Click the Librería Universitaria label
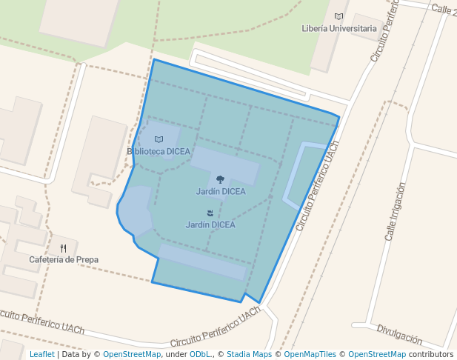pos(339,28)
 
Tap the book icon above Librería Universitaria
pos(339,16)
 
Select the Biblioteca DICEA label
pos(159,151)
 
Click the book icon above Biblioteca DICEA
pos(159,139)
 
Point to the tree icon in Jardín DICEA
pos(220,179)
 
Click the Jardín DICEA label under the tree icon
pos(221,191)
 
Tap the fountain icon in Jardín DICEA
pos(210,213)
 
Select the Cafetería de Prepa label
pos(64,260)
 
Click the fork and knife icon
pos(64,248)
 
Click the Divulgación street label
pos(399,334)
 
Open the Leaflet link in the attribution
pos(41,354)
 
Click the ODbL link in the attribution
pos(200,354)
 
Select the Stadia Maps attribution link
pos(249,354)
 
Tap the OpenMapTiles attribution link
pos(310,354)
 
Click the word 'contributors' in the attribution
pos(431,354)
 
